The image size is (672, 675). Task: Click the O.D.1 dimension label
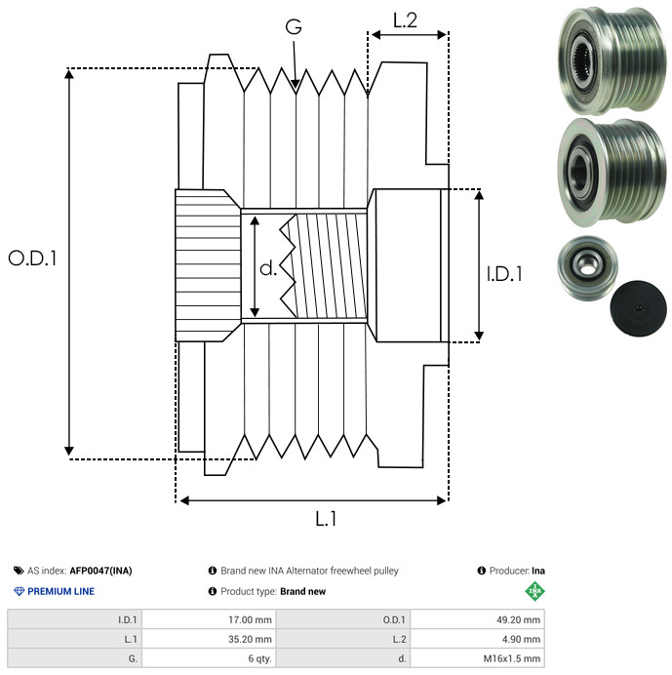coord(33,258)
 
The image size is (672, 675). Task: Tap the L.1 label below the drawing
coord(326,519)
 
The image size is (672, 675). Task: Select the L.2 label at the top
coord(405,20)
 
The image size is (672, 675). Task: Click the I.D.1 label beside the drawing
coord(504,274)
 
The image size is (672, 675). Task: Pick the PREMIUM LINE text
coord(61,591)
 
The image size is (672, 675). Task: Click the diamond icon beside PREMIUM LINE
coord(19,591)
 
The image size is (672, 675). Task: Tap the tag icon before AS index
coord(19,571)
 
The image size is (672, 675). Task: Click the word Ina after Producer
coord(538,571)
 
